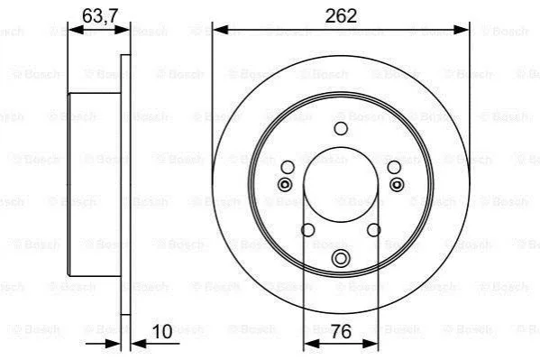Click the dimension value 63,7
pos(100,16)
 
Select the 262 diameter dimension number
pos(341,16)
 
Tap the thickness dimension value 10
pos(162,332)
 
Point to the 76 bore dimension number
pos(341,331)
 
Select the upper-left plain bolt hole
pos(288,168)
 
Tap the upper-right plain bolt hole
pos(394,168)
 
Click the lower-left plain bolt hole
pos(308,230)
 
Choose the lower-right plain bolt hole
pos(373,230)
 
